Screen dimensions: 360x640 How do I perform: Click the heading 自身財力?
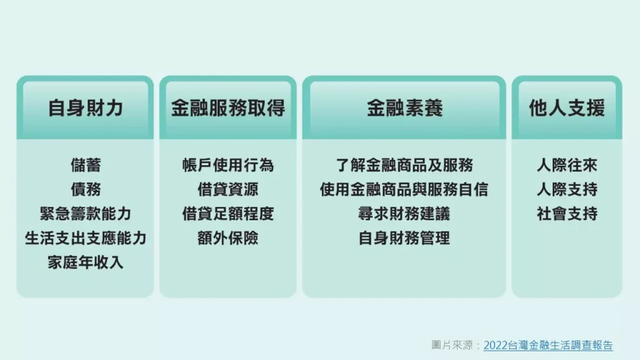pos(85,108)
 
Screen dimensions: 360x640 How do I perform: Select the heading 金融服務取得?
pos(228,108)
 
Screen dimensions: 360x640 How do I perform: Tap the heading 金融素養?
pos(404,108)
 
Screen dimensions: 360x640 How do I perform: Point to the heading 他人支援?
pos(567,108)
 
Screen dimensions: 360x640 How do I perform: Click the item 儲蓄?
pos(85,165)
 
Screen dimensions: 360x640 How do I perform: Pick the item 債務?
pos(85,189)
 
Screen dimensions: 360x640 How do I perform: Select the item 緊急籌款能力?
pos(85,214)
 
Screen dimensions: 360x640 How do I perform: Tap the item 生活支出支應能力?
pos(85,238)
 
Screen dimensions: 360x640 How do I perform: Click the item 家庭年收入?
pos(85,262)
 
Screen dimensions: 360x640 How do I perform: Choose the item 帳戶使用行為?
pos(228,165)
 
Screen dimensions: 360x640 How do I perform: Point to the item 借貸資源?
pos(228,189)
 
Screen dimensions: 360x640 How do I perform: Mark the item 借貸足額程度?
pos(228,214)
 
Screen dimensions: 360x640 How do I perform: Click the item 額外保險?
pos(228,238)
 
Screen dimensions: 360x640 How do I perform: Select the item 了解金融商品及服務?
pos(404,165)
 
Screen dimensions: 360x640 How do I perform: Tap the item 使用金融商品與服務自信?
pos(404,189)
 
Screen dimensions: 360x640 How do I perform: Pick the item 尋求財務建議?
pos(404,214)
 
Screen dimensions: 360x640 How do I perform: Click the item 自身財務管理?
pos(404,238)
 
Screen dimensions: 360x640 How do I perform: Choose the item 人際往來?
pos(567,165)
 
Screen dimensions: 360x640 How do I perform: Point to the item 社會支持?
pos(567,214)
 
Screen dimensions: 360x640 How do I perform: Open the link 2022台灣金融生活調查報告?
pos(548,345)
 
